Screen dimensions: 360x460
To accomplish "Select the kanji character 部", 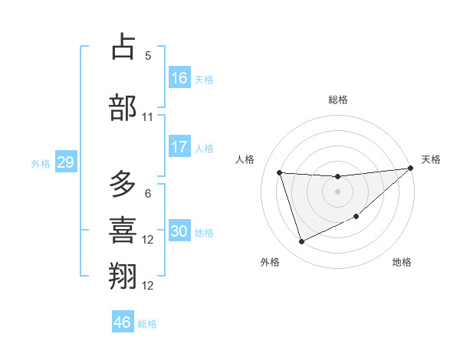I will pyautogui.click(x=123, y=107).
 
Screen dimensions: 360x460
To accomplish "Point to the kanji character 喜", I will pyautogui.click(x=123, y=230).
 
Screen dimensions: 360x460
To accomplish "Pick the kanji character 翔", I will pyautogui.click(x=123, y=276).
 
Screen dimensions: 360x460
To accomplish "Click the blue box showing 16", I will pyautogui.click(x=179, y=78).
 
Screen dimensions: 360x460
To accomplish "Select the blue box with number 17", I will pyautogui.click(x=179, y=147).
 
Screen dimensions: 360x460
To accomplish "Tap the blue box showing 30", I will pyautogui.click(x=179, y=231).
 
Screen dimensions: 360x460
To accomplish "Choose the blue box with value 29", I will pyautogui.click(x=65, y=162).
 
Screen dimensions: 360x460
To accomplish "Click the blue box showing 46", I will pyautogui.click(x=123, y=322).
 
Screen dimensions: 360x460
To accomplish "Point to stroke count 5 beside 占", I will pyautogui.click(x=148, y=55).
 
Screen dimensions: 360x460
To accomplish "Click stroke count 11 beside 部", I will pyautogui.click(x=148, y=117).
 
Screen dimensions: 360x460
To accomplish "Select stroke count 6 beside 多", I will pyautogui.click(x=148, y=194).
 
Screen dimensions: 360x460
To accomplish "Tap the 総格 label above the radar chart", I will pyautogui.click(x=338, y=100).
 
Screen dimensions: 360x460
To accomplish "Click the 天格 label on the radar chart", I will pyautogui.click(x=431, y=159).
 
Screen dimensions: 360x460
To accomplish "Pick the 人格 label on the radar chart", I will pyautogui.click(x=245, y=159).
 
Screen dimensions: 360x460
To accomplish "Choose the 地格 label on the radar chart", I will pyautogui.click(x=402, y=262).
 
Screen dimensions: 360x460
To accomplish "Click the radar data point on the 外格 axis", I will pyautogui.click(x=301, y=242).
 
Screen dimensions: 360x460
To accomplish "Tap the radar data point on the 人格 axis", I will pyautogui.click(x=280, y=173).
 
